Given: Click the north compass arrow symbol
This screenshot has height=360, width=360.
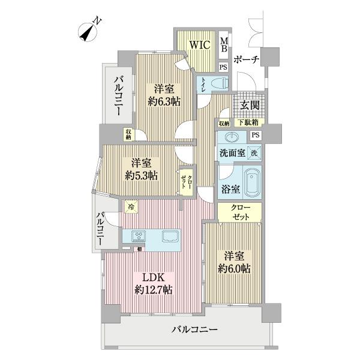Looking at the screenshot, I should [x=90, y=31].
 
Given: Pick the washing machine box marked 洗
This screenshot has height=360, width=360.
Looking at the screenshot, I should [x=254, y=152].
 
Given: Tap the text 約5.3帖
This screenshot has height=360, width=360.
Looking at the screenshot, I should [x=142, y=176].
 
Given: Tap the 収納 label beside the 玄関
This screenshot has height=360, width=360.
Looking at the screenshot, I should [x=224, y=123].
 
